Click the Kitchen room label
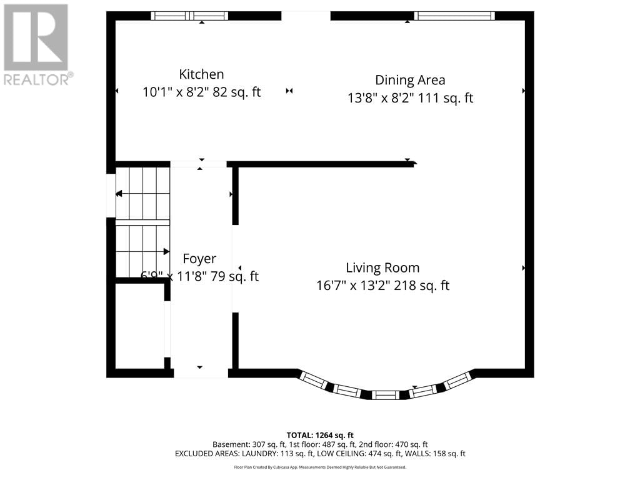click(201, 74)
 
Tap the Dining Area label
click(410, 80)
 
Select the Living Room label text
click(382, 267)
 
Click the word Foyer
click(199, 259)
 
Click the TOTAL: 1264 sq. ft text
click(320, 435)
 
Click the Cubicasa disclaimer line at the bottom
click(320, 467)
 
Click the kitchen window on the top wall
click(190, 16)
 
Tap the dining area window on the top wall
click(455, 16)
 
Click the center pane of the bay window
click(384, 395)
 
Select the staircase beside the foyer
click(143, 221)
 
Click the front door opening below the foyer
click(201, 373)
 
